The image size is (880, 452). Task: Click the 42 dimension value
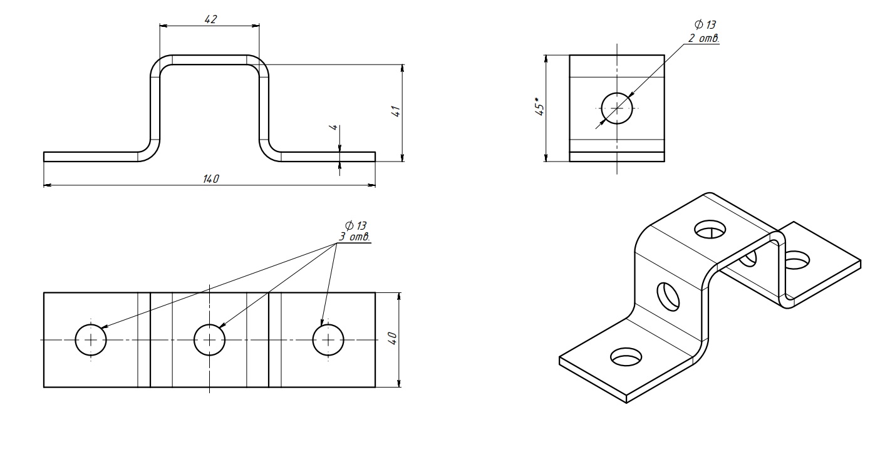click(210, 19)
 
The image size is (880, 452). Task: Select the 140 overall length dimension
click(210, 179)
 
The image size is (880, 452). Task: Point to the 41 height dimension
click(396, 111)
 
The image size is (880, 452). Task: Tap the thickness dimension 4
click(334, 127)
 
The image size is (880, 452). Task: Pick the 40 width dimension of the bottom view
click(392, 339)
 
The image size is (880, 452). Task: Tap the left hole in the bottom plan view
click(91, 340)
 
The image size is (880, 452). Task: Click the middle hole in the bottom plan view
click(210, 340)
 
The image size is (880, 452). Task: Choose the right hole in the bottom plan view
click(329, 340)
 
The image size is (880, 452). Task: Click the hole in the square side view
click(617, 108)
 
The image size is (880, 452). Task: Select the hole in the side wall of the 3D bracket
click(668, 296)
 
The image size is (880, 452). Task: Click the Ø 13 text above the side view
click(705, 26)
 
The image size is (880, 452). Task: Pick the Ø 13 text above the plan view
click(355, 225)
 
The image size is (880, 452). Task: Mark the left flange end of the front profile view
click(45, 157)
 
